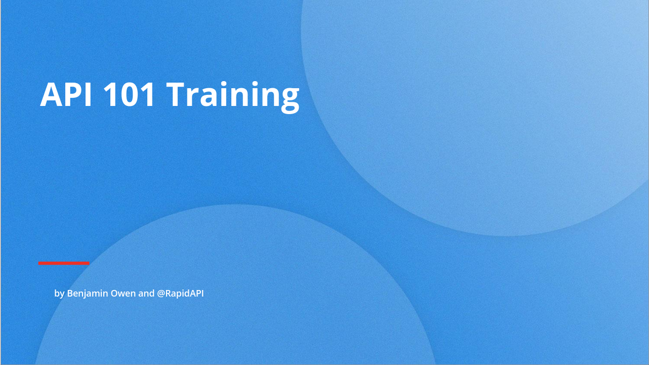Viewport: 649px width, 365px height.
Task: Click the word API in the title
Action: click(x=66, y=95)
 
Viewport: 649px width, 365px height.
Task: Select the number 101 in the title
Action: click(x=129, y=95)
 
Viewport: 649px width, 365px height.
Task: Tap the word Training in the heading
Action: click(x=233, y=97)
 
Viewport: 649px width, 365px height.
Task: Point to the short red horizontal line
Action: click(x=64, y=263)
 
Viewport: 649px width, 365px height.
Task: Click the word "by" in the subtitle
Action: click(x=59, y=294)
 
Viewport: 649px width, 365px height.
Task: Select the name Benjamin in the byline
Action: click(x=88, y=294)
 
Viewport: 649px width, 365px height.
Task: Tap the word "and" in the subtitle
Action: click(x=146, y=294)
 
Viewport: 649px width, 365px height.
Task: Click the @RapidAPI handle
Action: click(x=180, y=294)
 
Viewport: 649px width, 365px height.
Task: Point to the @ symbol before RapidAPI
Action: click(x=161, y=294)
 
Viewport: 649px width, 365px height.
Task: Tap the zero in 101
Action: click(x=129, y=95)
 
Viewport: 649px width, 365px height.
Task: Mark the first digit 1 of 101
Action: click(x=110, y=95)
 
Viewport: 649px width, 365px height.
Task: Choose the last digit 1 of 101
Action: click(x=147, y=95)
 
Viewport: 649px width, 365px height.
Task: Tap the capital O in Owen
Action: click(x=115, y=294)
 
